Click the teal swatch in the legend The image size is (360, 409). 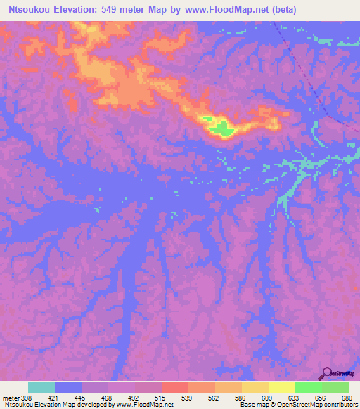point(41,387)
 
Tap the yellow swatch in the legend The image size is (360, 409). point(281,387)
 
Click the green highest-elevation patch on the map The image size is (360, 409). point(221,128)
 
